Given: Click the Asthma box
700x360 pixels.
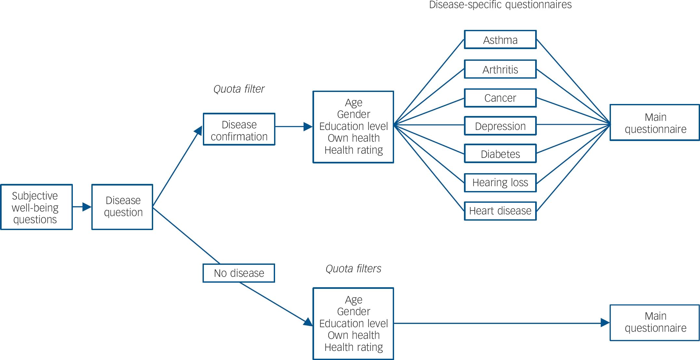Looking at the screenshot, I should [500, 40].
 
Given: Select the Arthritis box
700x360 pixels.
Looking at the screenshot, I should [500, 69].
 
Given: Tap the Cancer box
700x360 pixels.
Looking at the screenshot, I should [500, 98].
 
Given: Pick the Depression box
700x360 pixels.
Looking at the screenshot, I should [500, 126].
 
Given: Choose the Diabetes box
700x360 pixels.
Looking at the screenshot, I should [500, 154].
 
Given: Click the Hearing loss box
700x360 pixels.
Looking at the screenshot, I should [500, 183].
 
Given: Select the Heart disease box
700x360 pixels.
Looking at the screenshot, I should [500, 211].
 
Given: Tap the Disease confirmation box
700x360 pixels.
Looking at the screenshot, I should [239, 129].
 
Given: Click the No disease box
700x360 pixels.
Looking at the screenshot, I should [239, 273].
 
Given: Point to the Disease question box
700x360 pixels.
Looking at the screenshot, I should [122, 207].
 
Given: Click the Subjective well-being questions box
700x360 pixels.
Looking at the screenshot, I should [36, 207].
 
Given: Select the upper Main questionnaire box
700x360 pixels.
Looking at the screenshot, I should [654, 122].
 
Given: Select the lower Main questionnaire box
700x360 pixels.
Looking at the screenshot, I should [654, 322].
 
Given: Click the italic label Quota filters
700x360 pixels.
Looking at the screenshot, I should [353, 269].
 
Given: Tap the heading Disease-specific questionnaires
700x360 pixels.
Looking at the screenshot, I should [500, 5].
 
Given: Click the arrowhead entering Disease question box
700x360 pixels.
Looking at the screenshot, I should [87, 207].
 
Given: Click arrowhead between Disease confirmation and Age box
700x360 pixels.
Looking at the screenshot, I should [308, 127].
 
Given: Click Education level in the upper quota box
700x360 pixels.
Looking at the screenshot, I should [353, 126].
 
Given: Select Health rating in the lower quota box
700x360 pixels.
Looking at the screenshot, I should [353, 347].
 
